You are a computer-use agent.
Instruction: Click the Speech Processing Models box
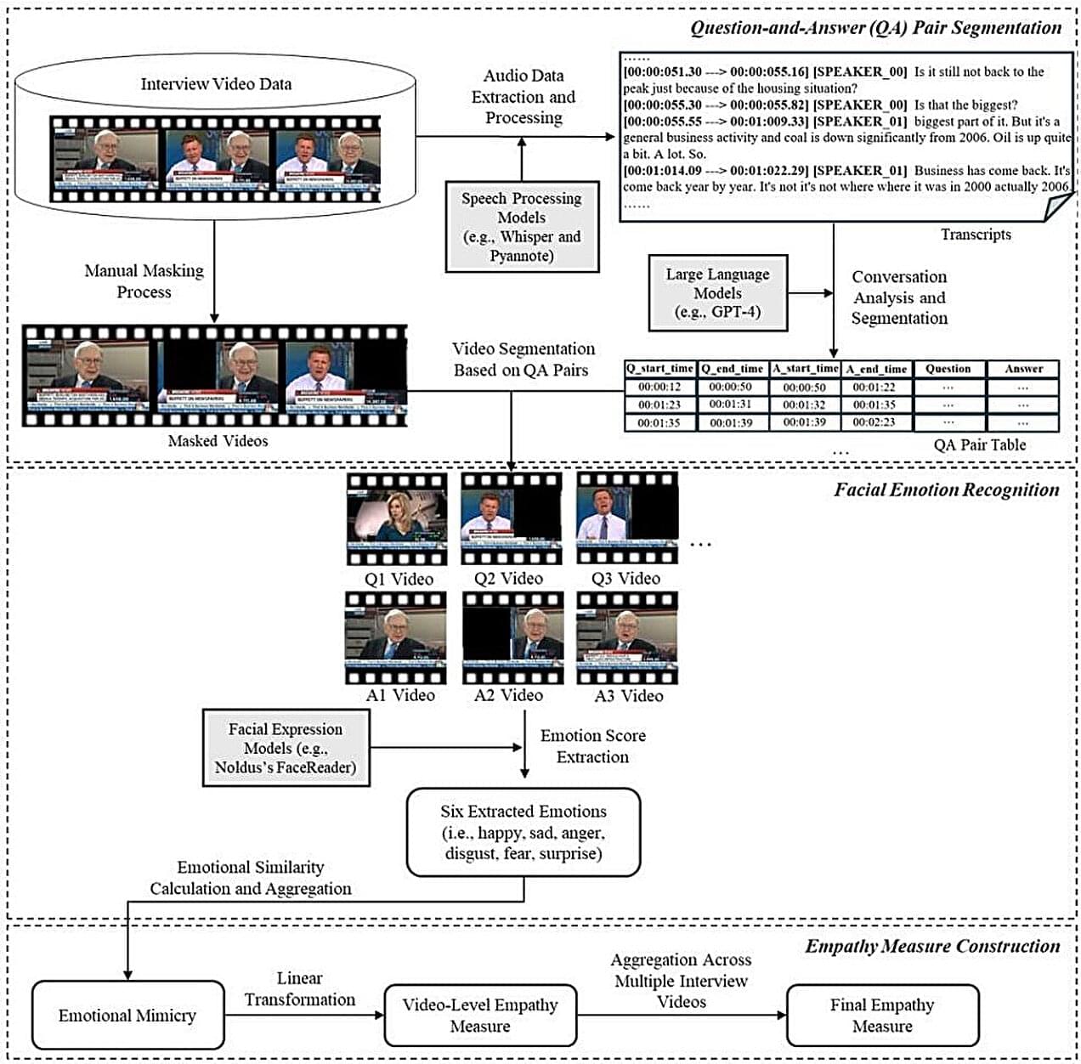(522, 226)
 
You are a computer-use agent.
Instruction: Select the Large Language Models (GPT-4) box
(717, 292)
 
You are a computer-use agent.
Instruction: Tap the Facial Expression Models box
(286, 748)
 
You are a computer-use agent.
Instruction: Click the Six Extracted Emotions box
(523, 832)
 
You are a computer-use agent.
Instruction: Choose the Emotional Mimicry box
(127, 1015)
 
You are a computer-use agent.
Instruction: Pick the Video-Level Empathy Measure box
(480, 1015)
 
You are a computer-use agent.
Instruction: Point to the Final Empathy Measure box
(882, 1015)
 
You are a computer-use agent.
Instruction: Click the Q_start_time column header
(659, 369)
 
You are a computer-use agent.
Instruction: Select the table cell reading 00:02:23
(874, 422)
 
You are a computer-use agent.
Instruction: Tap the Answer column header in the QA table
(1023, 369)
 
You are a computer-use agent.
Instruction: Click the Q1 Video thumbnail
(397, 518)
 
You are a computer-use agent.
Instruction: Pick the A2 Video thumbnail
(512, 637)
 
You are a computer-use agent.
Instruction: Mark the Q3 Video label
(626, 579)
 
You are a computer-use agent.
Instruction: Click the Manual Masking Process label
(144, 281)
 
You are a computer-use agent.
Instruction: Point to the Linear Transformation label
(300, 989)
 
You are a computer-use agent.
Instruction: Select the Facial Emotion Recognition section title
(946, 490)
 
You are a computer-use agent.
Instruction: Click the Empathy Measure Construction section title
(932, 946)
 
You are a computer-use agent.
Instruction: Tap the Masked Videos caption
(218, 441)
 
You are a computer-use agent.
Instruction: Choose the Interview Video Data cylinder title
(216, 84)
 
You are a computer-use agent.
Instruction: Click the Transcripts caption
(976, 235)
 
